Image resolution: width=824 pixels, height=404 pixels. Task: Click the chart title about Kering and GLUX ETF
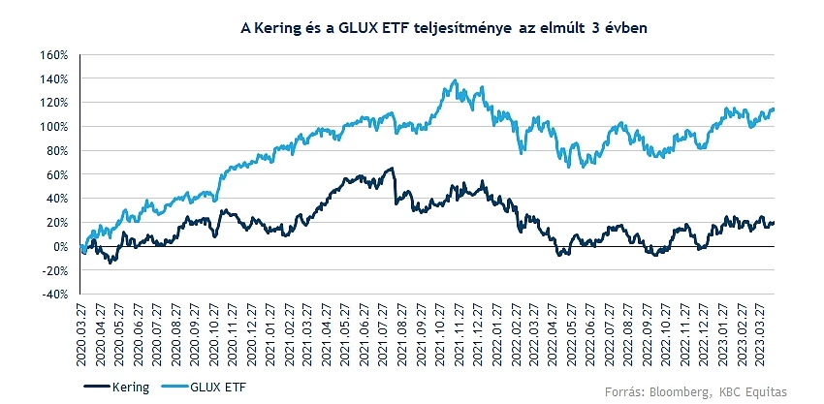(x=443, y=29)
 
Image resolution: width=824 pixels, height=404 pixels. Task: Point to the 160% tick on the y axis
(x=54, y=54)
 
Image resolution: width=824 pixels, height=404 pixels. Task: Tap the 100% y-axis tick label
(x=54, y=126)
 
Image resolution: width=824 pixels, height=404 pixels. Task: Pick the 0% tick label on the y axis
(x=60, y=246)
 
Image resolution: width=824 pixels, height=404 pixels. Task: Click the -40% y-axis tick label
(x=54, y=295)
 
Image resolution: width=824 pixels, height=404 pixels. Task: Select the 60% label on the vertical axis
(x=57, y=174)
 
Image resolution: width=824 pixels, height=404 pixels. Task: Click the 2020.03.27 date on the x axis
(x=81, y=330)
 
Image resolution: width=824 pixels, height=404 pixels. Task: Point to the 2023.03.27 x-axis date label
(x=761, y=330)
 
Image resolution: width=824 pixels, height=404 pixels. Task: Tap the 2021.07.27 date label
(x=383, y=330)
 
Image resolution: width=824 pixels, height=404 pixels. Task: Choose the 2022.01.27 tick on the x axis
(x=496, y=330)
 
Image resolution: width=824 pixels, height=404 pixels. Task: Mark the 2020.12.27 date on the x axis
(x=251, y=330)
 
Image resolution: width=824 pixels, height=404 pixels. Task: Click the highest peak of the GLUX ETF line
(x=455, y=80)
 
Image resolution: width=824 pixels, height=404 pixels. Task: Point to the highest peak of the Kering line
(x=392, y=169)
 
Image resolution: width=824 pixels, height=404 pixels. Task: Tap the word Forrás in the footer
(x=623, y=390)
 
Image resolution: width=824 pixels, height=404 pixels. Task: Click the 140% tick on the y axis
(x=54, y=78)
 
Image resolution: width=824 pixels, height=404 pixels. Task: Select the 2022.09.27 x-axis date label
(x=648, y=330)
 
